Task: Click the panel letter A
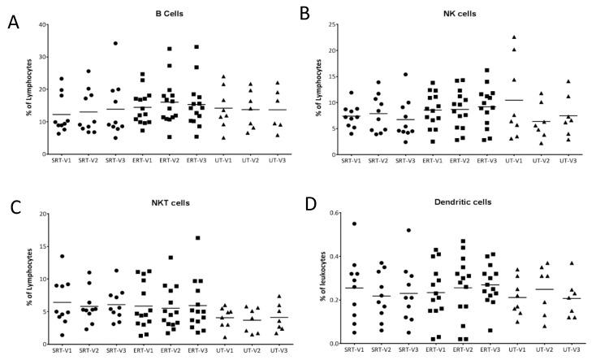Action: (13, 22)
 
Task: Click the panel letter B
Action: (305, 14)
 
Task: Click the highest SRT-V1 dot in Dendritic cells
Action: (352, 223)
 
